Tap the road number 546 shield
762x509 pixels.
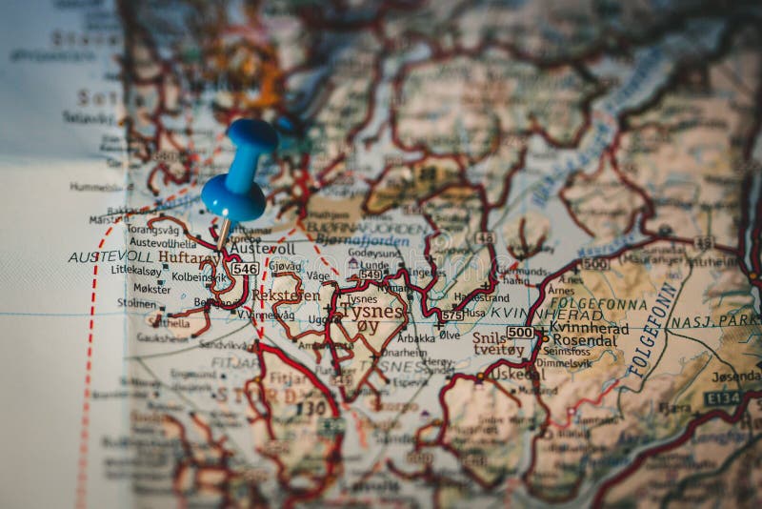[x=245, y=270]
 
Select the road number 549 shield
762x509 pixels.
[x=371, y=275]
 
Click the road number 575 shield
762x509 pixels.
[x=451, y=315]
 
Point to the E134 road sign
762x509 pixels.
[x=722, y=397]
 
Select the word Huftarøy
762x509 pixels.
[x=185, y=257]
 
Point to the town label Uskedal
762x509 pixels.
[x=518, y=375]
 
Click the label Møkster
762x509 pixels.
[x=151, y=288]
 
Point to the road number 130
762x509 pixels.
[x=311, y=409]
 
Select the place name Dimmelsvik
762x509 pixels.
[x=563, y=363]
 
